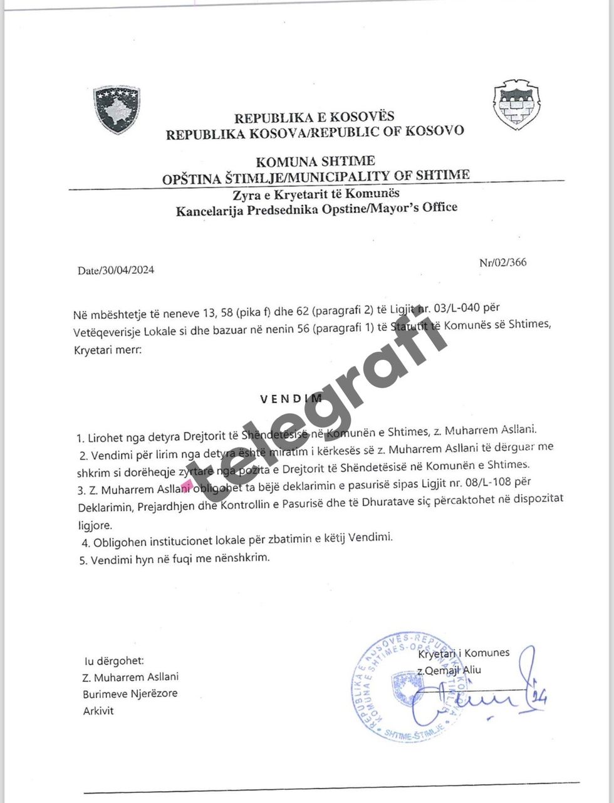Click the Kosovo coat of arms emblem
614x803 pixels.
point(117,110)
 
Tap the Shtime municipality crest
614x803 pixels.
point(516,105)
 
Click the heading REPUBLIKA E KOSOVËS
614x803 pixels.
point(315,117)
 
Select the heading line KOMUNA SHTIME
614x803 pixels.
point(316,162)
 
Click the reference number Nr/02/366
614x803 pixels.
point(502,262)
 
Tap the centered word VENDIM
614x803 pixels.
point(292,398)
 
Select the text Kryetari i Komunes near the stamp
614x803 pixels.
point(464,653)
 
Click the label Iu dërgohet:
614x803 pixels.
point(114,661)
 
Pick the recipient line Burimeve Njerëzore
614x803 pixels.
point(130,693)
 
